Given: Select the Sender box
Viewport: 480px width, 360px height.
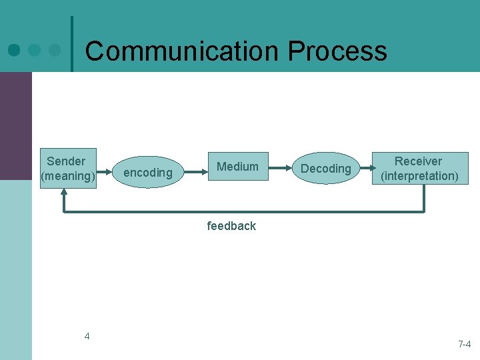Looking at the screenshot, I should [x=68, y=168].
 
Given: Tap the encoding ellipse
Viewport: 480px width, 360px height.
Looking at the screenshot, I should [x=148, y=173].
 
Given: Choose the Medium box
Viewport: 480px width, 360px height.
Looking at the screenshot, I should [x=237, y=167].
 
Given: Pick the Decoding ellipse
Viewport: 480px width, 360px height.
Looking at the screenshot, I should [x=325, y=169].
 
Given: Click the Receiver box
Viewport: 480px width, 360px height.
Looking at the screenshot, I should [x=419, y=168].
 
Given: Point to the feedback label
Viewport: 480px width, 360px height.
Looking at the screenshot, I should [x=231, y=226].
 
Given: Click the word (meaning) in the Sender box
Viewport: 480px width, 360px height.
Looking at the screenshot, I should [x=68, y=176].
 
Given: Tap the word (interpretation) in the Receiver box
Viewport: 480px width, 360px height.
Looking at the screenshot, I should [x=419, y=176].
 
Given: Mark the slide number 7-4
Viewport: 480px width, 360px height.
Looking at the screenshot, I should [x=465, y=344].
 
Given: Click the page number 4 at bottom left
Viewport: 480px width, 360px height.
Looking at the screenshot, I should [x=87, y=336].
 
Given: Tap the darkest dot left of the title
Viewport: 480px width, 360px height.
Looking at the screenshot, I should [x=14, y=50].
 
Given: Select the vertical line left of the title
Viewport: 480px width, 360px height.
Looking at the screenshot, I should [x=71, y=43].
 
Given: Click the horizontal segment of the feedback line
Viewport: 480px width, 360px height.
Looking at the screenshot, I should [x=243, y=211].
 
